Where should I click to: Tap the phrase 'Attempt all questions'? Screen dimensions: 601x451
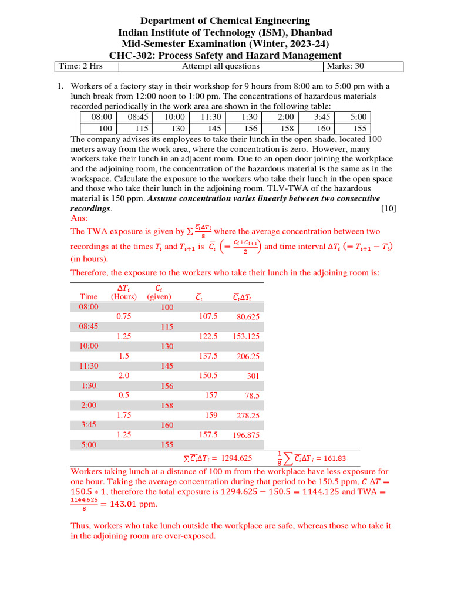point(220,66)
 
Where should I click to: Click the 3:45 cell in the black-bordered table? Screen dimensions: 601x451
point(323,117)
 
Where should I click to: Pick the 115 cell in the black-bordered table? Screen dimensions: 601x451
point(139,128)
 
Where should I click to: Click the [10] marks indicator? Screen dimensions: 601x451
point(388,208)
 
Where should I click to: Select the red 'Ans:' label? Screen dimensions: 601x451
point(79,218)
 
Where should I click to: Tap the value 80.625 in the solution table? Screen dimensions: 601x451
point(248,316)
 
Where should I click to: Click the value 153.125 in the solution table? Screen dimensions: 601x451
point(246,336)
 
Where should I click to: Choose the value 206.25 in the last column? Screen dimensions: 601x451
point(248,356)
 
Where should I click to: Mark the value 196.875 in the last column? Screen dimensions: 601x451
point(246,435)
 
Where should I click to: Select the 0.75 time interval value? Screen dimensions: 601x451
point(124,316)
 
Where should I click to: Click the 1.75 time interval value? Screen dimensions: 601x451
point(124,415)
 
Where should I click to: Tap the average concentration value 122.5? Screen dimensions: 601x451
point(208,336)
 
